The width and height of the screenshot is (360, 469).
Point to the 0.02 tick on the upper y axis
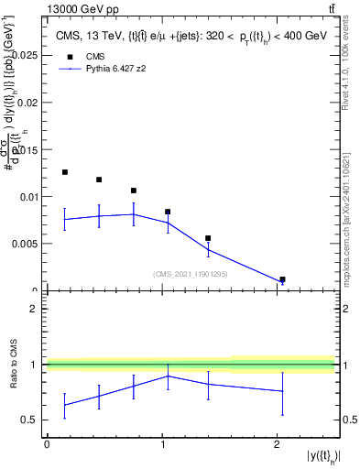[27, 102]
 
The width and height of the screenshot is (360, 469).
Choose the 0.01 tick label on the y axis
[27, 196]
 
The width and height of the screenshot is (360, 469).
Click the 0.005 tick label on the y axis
[25, 244]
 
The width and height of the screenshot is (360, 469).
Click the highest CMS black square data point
[64, 172]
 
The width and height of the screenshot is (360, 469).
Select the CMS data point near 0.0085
[168, 212]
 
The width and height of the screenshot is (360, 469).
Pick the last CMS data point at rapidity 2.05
[282, 279]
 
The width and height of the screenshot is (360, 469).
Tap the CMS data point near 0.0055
[208, 238]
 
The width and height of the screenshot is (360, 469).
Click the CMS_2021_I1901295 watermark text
[191, 274]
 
